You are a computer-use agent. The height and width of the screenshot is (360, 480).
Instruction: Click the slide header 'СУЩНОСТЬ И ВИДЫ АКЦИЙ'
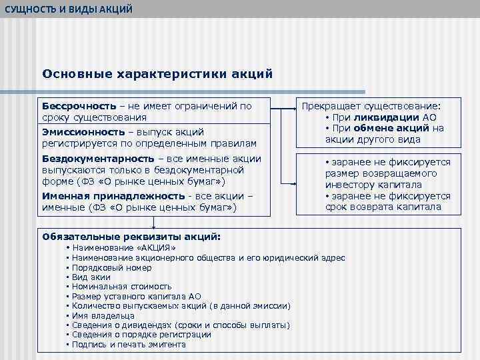[69, 9]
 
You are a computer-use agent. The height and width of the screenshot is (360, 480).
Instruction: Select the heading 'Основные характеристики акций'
[157, 73]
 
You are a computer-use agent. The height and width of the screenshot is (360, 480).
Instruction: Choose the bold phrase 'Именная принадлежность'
[113, 196]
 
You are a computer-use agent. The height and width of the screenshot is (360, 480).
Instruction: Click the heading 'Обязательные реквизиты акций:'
[131, 236]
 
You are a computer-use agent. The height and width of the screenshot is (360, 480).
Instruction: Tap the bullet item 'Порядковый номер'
[111, 267]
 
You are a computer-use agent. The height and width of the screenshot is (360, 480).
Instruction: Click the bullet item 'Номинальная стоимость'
[121, 287]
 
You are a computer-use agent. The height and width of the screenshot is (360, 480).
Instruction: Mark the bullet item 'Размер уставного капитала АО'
[136, 297]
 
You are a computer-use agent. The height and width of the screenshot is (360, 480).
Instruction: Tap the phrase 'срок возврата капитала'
[383, 207]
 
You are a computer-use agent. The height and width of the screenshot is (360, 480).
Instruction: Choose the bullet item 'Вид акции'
[91, 277]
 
